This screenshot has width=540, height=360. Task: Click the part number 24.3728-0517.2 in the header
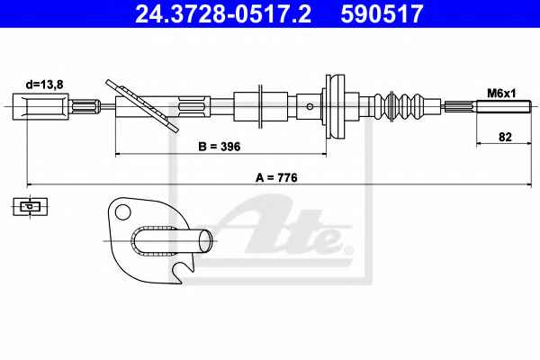(223, 13)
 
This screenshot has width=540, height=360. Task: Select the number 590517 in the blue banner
(382, 13)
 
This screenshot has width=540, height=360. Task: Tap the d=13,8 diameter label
(45, 85)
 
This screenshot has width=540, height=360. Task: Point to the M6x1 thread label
(501, 93)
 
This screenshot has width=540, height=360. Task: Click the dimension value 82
(505, 137)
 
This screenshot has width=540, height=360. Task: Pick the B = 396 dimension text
(220, 147)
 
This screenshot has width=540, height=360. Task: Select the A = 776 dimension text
(276, 177)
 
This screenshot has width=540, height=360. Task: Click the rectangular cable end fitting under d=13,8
(40, 106)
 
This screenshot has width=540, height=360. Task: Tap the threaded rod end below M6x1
(504, 106)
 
